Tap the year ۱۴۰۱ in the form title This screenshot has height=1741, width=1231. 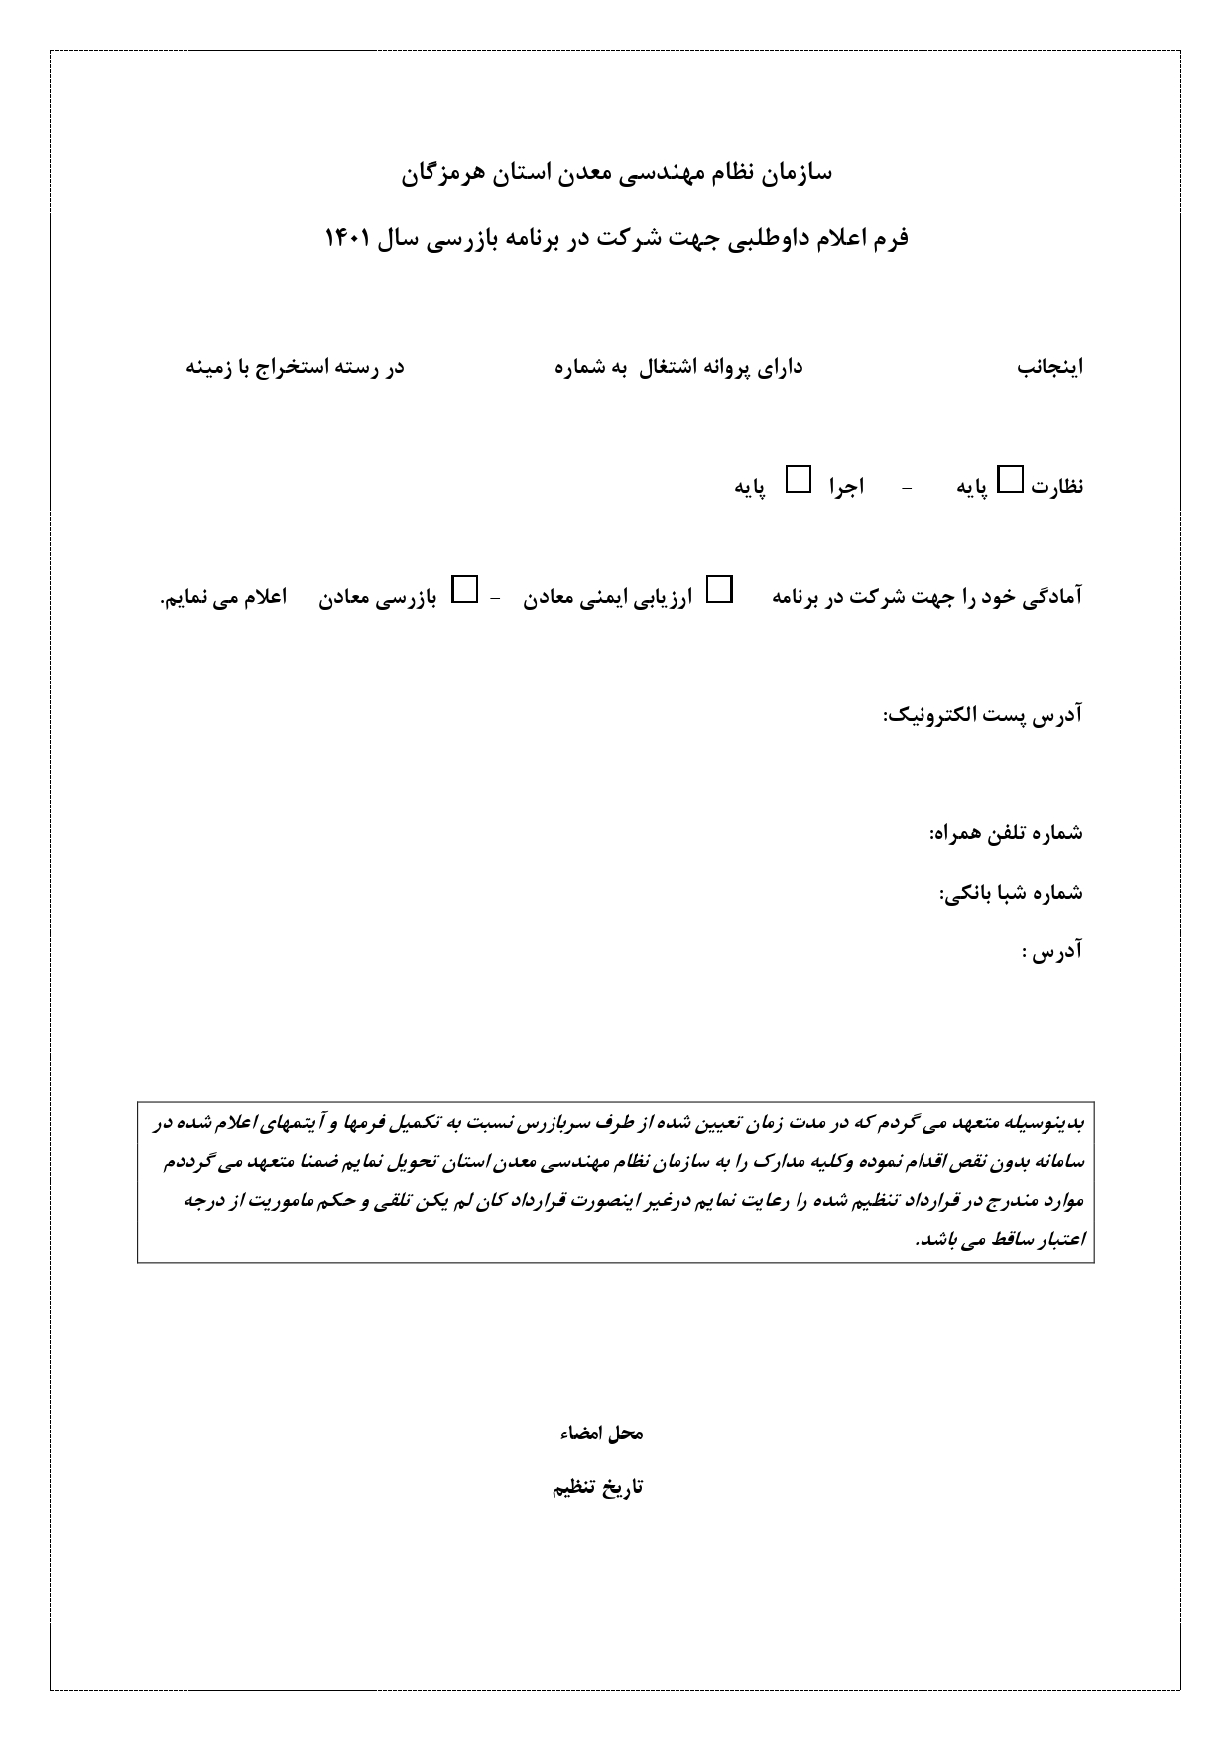click(x=348, y=239)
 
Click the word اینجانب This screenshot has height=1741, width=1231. click(x=1049, y=368)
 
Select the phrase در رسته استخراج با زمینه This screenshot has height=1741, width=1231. click(x=296, y=368)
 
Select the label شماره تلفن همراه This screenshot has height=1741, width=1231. click(x=1005, y=834)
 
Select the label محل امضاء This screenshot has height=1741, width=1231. click(x=597, y=1434)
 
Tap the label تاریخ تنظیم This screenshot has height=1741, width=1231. click(x=597, y=1488)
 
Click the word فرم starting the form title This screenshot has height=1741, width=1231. click(x=891, y=239)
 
